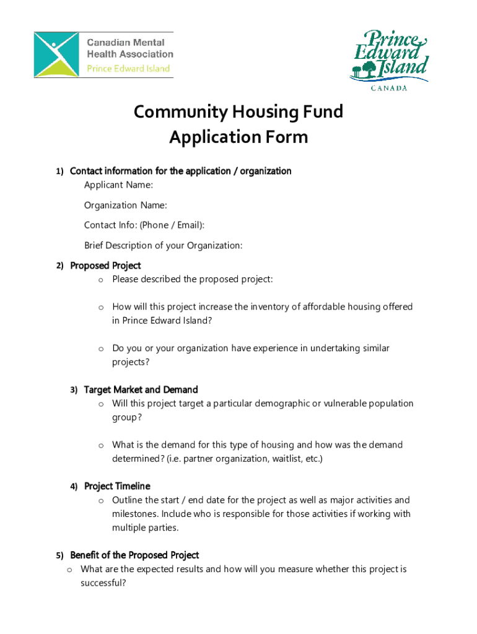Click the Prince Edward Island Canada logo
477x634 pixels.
point(388,58)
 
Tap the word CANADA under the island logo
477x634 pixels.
point(389,88)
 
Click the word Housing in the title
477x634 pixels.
point(263,112)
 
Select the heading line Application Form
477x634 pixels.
point(239,137)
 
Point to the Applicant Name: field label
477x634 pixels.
point(119,185)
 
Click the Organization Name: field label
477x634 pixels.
point(126,205)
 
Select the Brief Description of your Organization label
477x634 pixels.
point(164,246)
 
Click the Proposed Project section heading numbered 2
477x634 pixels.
point(105,266)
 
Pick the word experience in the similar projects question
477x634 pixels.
point(266,349)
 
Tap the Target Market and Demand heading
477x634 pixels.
point(141,390)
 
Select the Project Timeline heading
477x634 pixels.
point(117,487)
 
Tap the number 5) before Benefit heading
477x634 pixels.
point(59,555)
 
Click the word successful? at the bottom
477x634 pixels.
point(103,583)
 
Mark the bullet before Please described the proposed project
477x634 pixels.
point(99,280)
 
